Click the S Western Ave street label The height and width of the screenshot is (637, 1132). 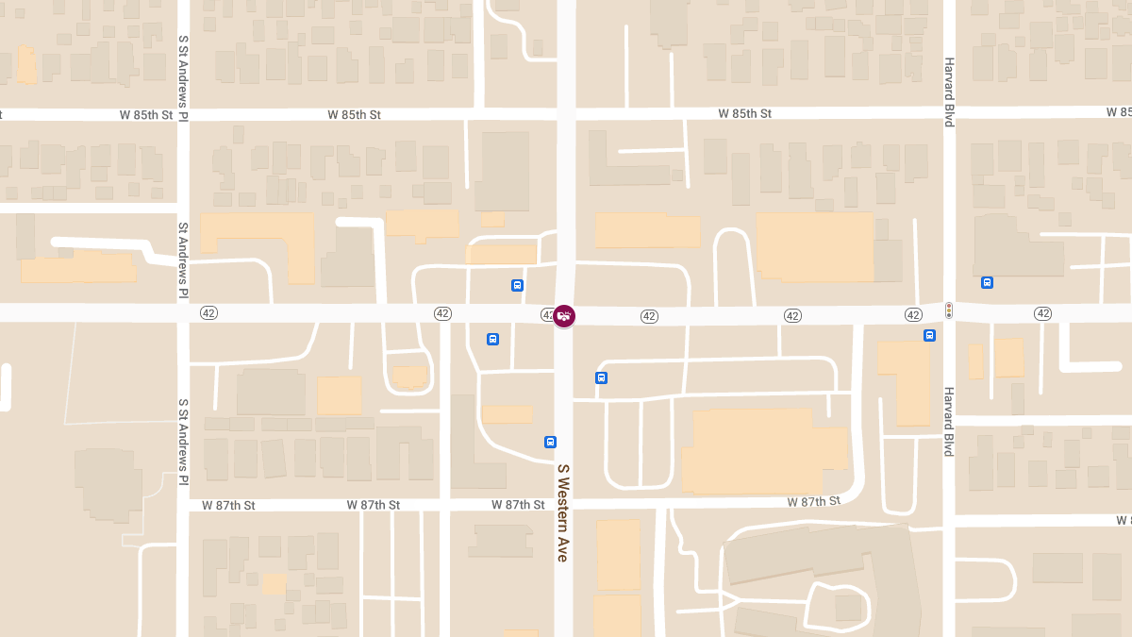[563, 512]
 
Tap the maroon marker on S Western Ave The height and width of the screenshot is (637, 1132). [564, 316]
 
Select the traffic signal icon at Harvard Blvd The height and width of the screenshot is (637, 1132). [948, 310]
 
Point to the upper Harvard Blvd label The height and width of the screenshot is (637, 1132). [949, 92]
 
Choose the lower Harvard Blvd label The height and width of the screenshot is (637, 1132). [949, 421]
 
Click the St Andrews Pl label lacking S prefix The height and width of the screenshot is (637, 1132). [184, 260]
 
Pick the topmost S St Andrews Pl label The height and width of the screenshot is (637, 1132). [184, 77]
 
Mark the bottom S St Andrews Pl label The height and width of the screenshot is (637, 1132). [184, 442]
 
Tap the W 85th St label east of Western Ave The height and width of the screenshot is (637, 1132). [744, 113]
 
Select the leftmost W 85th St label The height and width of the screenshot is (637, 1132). [146, 115]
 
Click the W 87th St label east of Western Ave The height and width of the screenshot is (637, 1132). [813, 501]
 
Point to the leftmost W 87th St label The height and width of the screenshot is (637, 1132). [228, 506]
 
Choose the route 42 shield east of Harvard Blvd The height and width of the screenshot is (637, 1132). [1042, 313]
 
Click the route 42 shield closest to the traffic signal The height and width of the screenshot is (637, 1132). [912, 314]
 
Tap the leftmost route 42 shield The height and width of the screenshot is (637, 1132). [208, 313]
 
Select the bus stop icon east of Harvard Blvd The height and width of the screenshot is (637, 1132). [987, 282]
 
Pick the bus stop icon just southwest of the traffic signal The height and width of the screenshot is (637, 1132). [929, 335]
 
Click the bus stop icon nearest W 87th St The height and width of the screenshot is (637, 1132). [550, 442]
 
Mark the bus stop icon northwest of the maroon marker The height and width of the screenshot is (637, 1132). [517, 285]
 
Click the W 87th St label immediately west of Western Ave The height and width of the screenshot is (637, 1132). [518, 505]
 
